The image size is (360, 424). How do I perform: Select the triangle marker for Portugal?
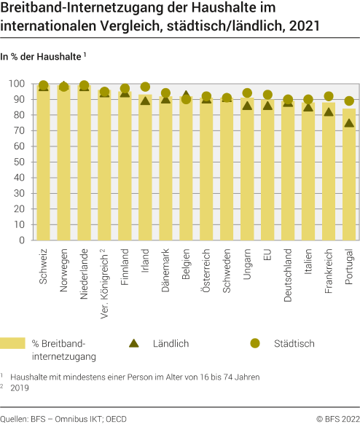pyautogui.click(x=349, y=123)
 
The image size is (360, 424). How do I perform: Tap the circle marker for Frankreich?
pyautogui.click(x=329, y=96)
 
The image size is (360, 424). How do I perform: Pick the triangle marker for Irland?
pyautogui.click(x=145, y=101)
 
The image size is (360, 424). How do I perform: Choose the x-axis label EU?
pyautogui.click(x=268, y=259)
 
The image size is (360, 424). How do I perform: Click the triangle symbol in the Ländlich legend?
pyautogui.click(x=134, y=342)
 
